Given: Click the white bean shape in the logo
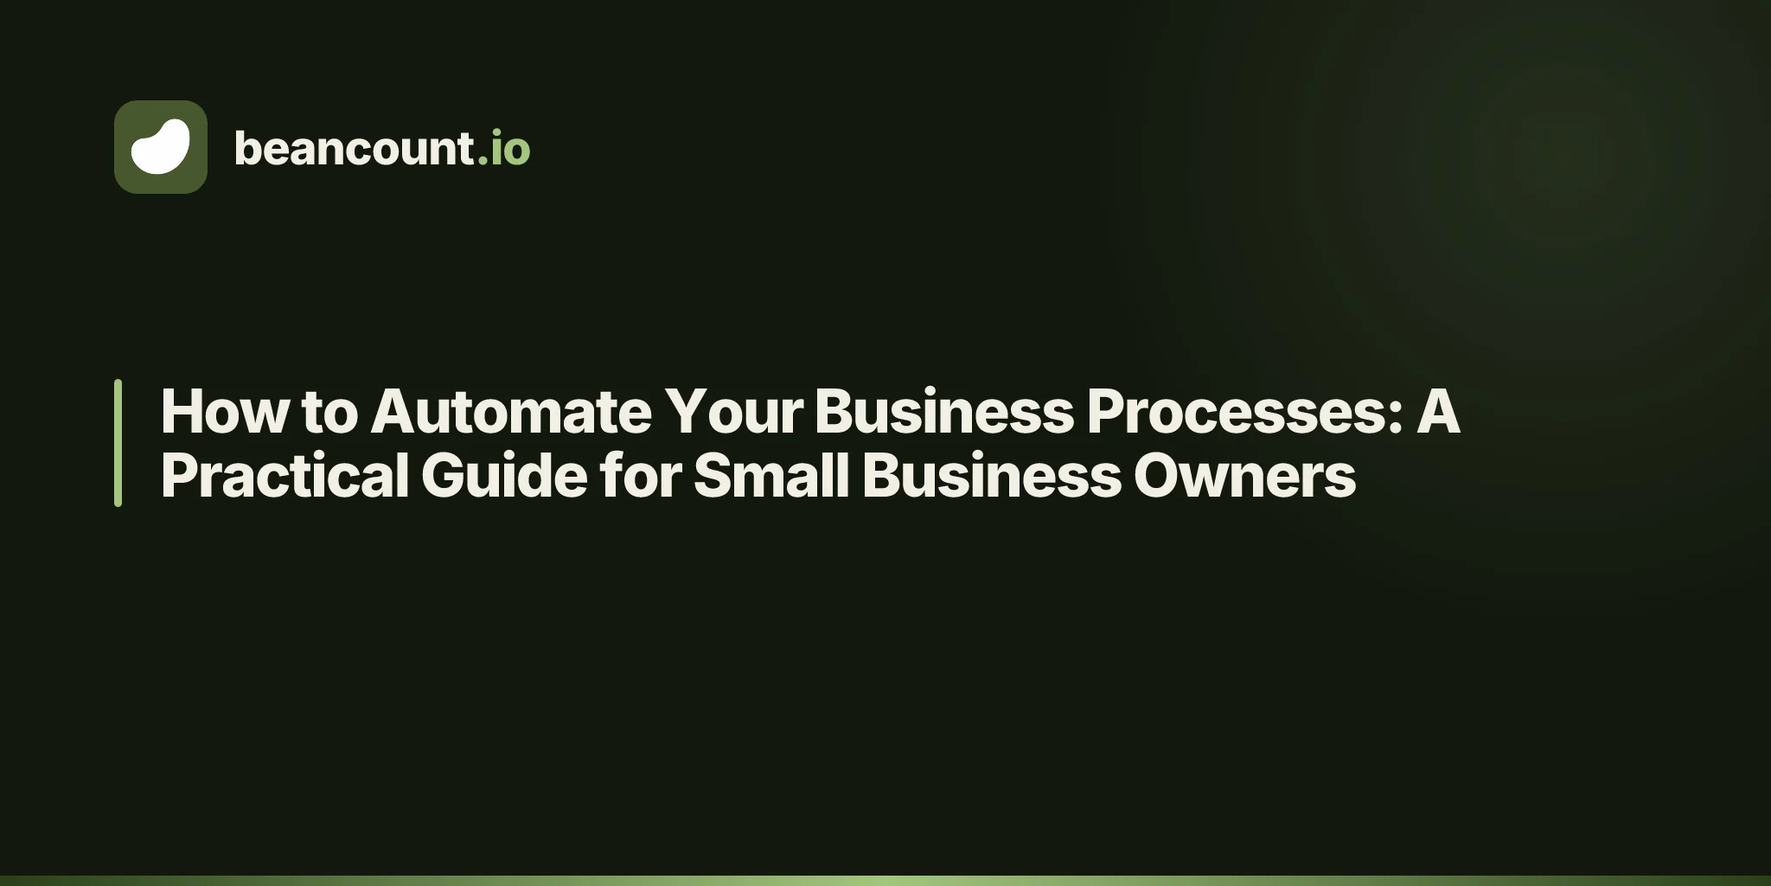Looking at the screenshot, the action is (161, 146).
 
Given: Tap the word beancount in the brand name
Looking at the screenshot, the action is (355, 148).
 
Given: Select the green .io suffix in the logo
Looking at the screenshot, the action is (504, 148).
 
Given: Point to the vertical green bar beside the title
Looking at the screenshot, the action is (118, 442).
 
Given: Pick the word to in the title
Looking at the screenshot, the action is (329, 413).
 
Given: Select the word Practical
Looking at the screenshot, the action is (285, 475).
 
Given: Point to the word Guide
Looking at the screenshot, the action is (505, 475).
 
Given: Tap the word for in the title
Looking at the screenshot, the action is (641, 475).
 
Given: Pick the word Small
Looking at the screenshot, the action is (771, 475).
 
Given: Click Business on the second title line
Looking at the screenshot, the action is (992, 475).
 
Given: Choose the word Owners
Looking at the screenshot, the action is (1245, 475).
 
